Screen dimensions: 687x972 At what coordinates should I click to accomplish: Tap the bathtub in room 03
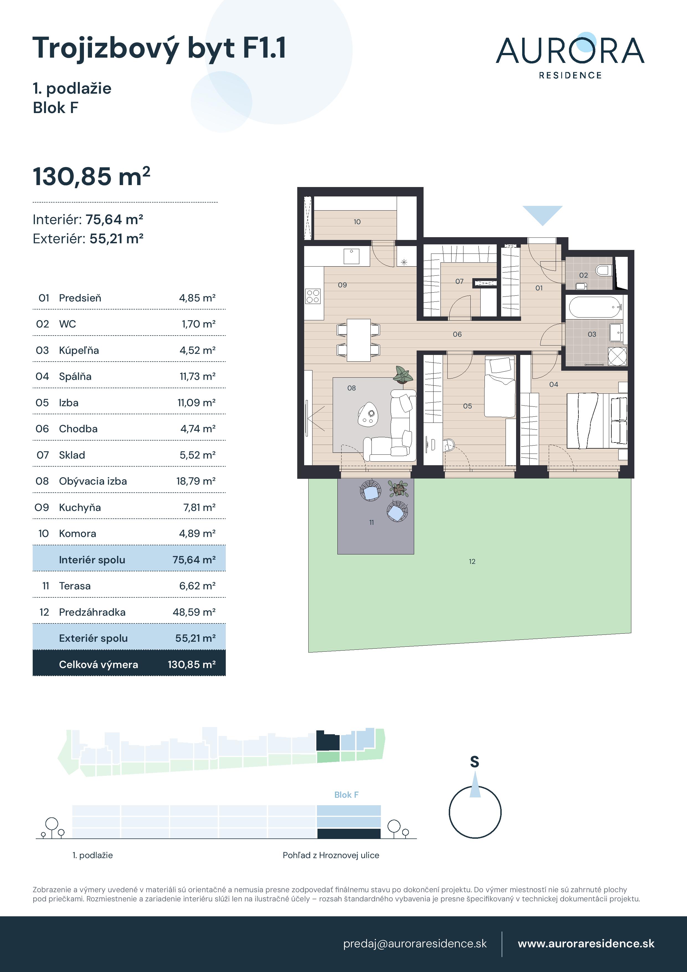click(x=595, y=307)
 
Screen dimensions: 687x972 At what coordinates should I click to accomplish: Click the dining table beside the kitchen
click(x=358, y=340)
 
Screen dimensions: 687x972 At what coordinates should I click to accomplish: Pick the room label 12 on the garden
click(x=472, y=561)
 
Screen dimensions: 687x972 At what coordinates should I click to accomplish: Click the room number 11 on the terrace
click(x=371, y=522)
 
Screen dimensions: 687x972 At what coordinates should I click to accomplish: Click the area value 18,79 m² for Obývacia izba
click(x=196, y=481)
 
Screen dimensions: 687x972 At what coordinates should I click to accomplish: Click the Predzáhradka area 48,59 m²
click(x=194, y=612)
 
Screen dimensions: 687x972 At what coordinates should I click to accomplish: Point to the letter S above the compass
click(x=475, y=762)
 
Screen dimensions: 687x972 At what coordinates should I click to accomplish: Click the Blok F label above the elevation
click(x=346, y=795)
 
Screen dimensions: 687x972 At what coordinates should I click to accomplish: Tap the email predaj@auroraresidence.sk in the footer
click(x=415, y=944)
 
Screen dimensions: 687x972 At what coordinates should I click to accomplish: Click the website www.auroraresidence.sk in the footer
click(x=586, y=944)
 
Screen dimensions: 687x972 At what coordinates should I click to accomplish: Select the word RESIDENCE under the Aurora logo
click(x=570, y=75)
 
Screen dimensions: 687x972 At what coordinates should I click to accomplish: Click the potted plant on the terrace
click(x=398, y=489)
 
